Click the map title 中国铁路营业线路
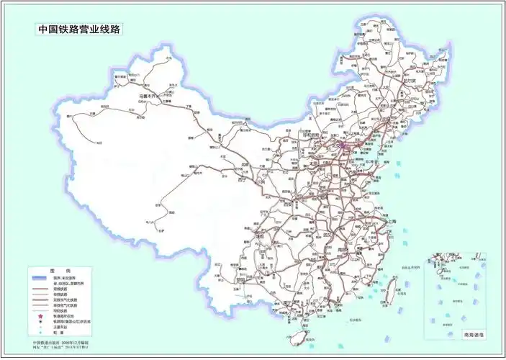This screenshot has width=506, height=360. pyautogui.click(x=80, y=30)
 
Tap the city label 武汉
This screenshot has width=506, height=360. pyautogui.click(x=332, y=235)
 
